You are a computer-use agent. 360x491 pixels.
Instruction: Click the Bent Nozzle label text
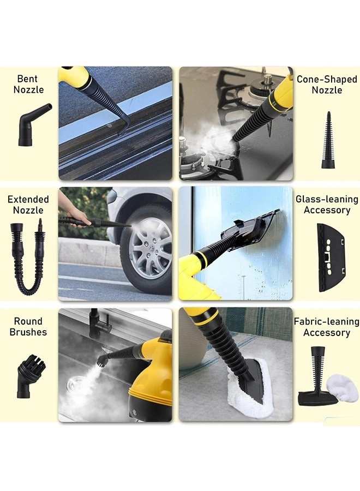pos(28,85)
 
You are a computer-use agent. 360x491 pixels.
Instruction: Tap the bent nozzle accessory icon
pos(33,126)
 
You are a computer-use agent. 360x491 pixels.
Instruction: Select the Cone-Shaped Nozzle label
pos(326,85)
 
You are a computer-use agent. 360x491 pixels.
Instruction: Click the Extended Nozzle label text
pos(28,205)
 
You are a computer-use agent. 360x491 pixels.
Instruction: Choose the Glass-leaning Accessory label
pos(327,205)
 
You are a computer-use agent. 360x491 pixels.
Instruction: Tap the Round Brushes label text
pos(28,326)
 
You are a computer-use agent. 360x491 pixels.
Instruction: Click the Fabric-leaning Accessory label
pos(326,327)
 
